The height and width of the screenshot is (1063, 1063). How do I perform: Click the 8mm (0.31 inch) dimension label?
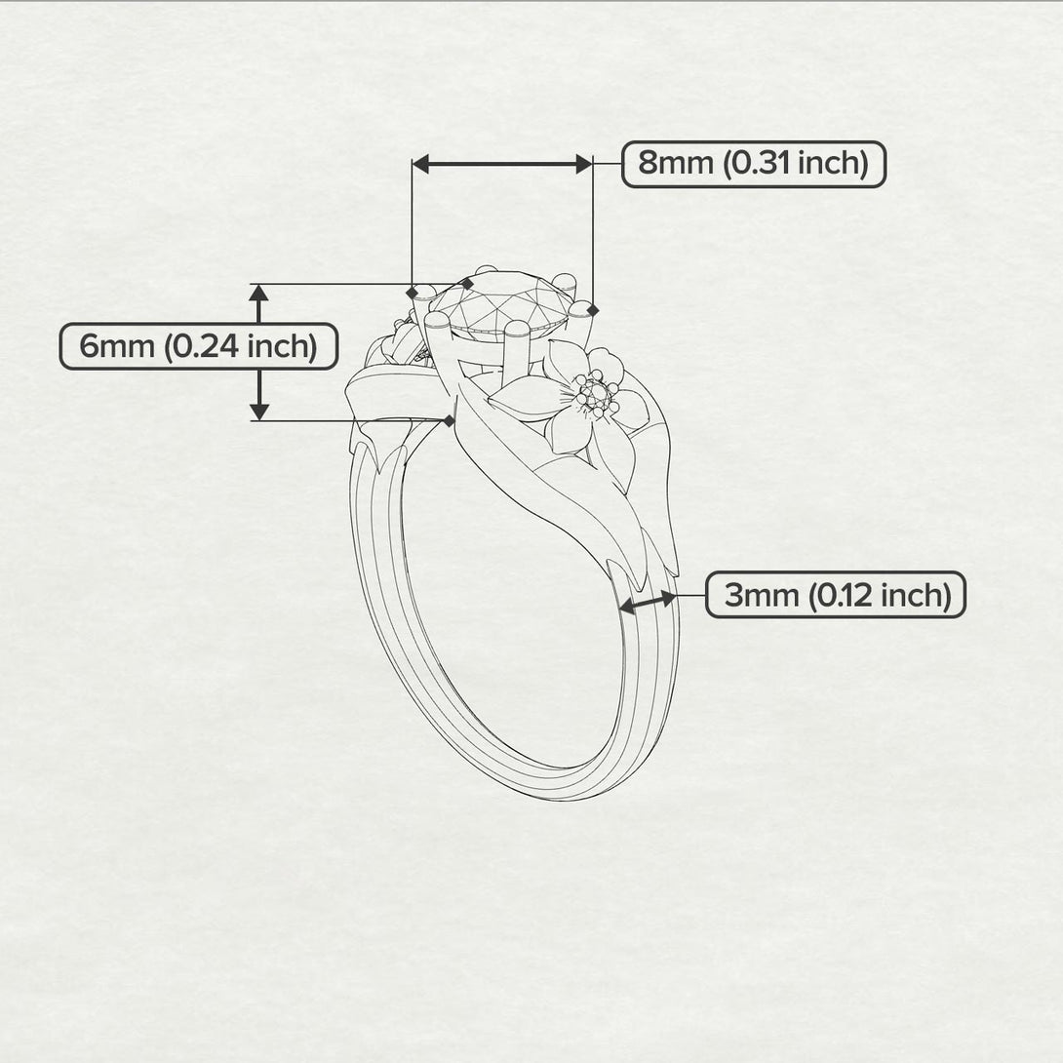tap(754, 164)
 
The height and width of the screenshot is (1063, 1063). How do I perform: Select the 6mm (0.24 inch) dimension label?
tap(199, 346)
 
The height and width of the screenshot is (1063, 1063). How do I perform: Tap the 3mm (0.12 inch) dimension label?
tap(836, 595)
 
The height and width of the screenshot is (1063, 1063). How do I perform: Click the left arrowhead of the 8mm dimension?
tap(421, 164)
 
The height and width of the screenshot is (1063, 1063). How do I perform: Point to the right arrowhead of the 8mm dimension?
tap(584, 164)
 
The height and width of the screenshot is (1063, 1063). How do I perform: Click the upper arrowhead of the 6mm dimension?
tap(259, 293)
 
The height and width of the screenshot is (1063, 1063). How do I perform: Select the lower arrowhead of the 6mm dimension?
tap(259, 412)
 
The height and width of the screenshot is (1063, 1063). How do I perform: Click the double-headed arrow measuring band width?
tap(649, 603)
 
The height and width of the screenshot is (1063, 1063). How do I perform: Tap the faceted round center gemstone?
tap(500, 302)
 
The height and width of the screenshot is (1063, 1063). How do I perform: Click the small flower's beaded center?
tap(595, 393)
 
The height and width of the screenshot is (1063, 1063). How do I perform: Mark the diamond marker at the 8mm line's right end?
tap(593, 310)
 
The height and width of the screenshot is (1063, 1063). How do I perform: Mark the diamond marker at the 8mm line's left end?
tap(413, 293)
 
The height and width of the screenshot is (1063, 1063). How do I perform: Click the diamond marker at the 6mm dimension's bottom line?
tap(448, 421)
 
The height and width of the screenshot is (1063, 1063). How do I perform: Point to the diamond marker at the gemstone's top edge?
tap(467, 284)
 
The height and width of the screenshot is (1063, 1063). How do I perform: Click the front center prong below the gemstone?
tap(518, 346)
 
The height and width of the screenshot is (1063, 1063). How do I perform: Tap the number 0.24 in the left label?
tap(201, 346)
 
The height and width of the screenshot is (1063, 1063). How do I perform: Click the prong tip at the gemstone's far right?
tap(580, 310)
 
